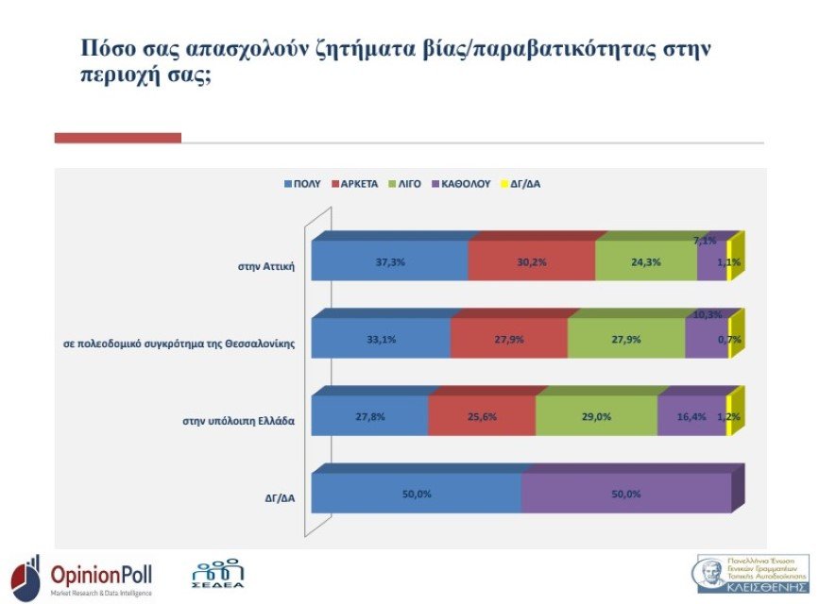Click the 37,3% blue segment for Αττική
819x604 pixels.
389,261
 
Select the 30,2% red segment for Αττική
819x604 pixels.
532,261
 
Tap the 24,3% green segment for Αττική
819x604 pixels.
646,261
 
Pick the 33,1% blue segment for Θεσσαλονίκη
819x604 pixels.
381,339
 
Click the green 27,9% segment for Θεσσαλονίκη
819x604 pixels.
626,339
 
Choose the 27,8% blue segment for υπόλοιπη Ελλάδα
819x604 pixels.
369,416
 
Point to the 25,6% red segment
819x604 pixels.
482,416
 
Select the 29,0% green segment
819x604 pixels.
596,416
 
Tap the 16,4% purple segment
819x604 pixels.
691,416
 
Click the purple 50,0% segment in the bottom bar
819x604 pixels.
626,494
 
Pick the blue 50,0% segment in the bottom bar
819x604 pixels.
416,494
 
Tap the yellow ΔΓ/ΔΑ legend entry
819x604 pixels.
522,184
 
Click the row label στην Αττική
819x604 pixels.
267,265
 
